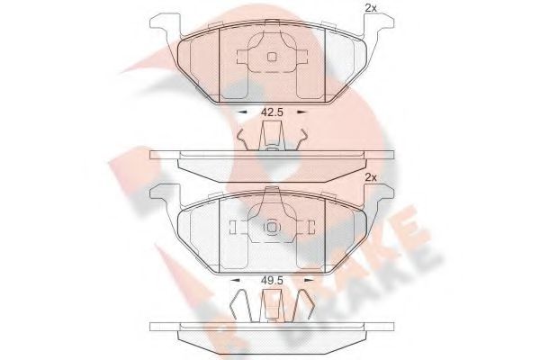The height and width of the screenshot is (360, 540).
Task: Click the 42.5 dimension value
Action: [272, 112]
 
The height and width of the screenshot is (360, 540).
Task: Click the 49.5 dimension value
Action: [272, 281]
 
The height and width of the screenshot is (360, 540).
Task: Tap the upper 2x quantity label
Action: [371, 9]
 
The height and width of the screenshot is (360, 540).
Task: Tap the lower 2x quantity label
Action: [371, 178]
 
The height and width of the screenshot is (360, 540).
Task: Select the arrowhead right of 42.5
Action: [301, 112]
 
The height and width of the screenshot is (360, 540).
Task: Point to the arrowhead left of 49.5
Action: [235, 281]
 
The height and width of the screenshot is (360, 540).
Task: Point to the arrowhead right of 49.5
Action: [309, 281]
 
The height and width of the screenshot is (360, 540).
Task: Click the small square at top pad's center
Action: [272, 57]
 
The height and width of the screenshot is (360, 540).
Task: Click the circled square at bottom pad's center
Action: [272, 228]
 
